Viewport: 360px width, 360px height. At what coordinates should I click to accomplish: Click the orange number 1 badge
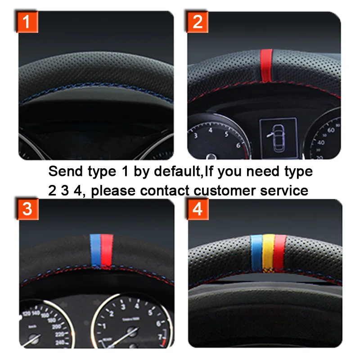[27, 22]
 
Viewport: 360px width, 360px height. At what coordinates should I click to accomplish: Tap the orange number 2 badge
[198, 22]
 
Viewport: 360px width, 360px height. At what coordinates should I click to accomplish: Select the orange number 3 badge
[27, 209]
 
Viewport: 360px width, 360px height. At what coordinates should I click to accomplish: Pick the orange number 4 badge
[198, 209]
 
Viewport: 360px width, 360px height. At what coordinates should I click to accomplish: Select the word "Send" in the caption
[64, 171]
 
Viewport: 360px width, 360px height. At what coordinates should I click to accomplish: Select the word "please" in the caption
[116, 191]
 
